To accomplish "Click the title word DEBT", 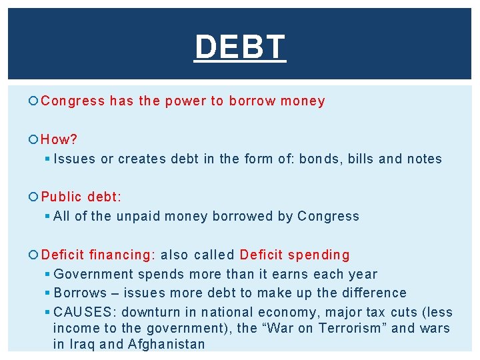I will click(240, 47).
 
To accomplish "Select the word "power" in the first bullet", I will click(186, 101).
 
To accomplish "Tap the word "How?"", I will click(59, 139).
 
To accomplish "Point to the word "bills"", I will click(361, 159).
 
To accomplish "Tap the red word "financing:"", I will click(122, 255).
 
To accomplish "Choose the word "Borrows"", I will click(80, 293).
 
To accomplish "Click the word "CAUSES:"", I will click(85, 312).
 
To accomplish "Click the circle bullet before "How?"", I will click(35, 139).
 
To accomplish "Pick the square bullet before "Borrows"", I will click(47, 293).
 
